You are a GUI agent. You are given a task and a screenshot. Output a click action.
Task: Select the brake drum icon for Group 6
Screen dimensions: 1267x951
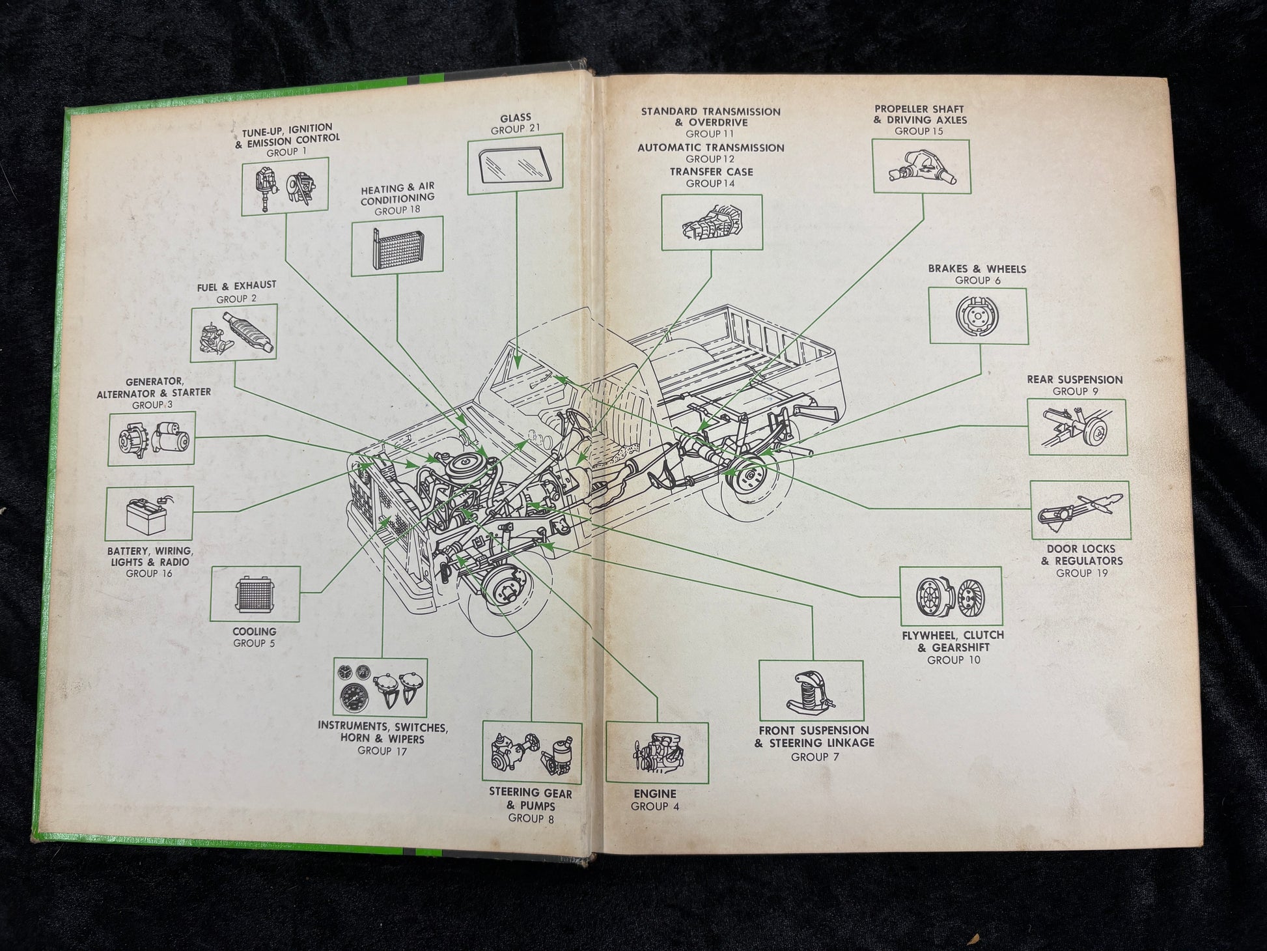tap(978, 316)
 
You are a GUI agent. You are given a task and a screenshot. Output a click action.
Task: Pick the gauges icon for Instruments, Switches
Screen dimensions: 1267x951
tap(381, 687)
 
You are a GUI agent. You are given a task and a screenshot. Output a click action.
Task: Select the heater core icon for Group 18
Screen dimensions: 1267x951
tap(397, 246)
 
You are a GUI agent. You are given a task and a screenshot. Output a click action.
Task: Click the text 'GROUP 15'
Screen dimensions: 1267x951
tap(919, 131)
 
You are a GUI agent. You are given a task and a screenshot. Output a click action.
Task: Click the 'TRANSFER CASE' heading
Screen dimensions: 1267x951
tap(711, 172)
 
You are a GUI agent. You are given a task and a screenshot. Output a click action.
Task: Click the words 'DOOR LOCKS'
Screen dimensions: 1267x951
tap(1081, 549)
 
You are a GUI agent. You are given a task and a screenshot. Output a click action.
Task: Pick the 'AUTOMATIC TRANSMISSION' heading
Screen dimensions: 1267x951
tap(710, 148)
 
